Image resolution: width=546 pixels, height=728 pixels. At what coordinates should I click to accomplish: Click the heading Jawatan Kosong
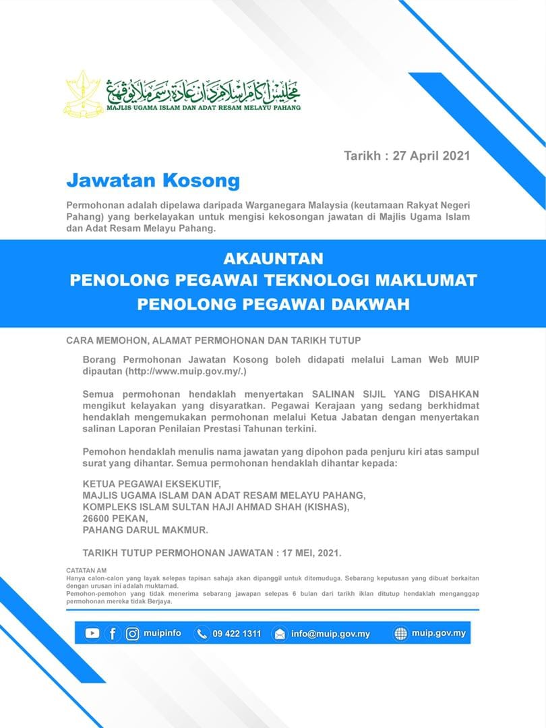[x=152, y=181]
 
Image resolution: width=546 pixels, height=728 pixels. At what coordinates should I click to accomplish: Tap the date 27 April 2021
[x=431, y=156]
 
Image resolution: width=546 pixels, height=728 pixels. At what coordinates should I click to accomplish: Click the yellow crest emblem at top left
[x=84, y=93]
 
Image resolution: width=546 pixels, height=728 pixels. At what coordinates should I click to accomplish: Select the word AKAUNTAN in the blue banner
[x=273, y=259]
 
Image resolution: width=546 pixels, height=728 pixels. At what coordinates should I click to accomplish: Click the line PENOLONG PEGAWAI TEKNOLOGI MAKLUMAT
[x=273, y=280]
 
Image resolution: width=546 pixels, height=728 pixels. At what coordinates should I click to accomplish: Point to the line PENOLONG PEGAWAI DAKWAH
[x=273, y=304]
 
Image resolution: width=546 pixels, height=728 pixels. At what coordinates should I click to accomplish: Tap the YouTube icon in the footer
[x=92, y=634]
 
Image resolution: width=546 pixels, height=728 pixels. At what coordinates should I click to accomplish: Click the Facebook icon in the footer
[x=112, y=634]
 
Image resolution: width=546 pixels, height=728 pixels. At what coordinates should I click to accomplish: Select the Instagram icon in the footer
[x=132, y=634]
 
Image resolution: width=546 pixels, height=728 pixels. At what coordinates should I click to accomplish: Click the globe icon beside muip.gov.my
[x=400, y=634]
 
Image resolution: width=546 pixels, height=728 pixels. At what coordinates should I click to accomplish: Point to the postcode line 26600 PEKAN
[x=114, y=518]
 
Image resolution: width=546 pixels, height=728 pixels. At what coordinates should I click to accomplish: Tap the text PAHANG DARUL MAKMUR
[x=145, y=530]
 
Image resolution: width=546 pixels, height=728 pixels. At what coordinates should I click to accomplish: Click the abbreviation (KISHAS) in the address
[x=325, y=507]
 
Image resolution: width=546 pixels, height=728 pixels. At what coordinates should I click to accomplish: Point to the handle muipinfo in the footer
[x=162, y=634]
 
